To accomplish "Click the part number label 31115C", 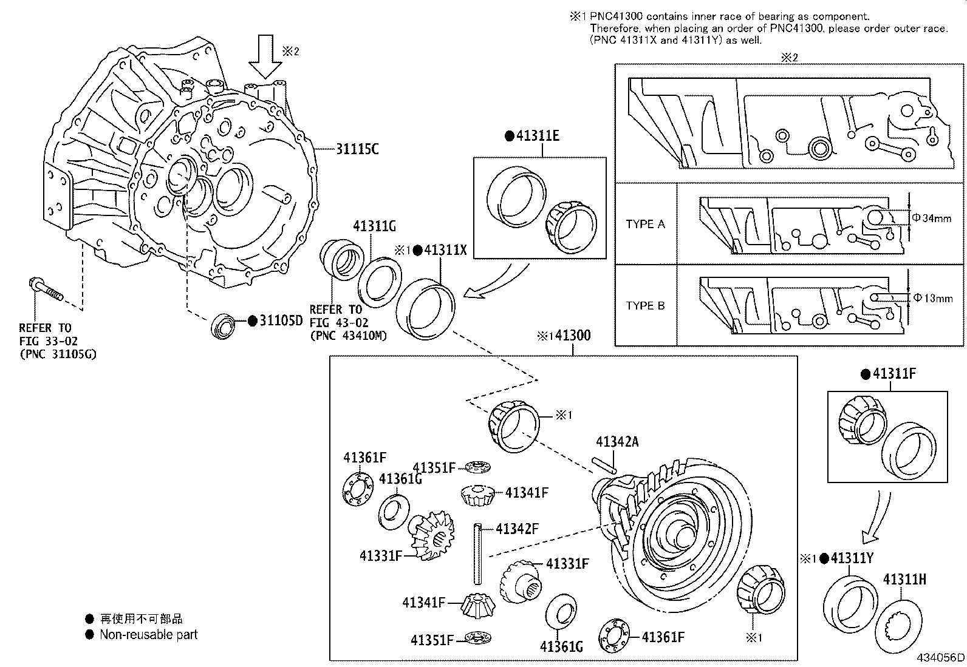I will (357, 149).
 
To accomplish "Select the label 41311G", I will (374, 226).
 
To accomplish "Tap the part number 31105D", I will (281, 320).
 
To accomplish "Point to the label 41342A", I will (617, 442).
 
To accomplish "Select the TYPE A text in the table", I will (645, 224).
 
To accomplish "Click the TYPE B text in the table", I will (645, 305).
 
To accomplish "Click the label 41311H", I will (904, 579).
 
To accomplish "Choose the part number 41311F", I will (894, 374).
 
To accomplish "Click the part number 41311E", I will (537, 136).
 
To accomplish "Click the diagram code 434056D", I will (940, 657).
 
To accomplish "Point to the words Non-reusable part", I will (149, 635).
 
